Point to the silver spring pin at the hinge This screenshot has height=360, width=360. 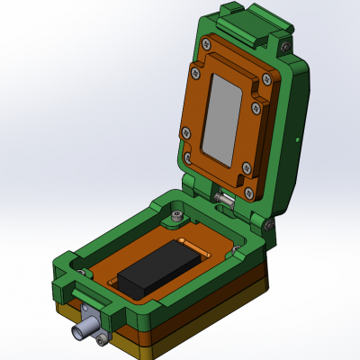[x=226, y=197]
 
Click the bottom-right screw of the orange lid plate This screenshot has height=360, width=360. [x=246, y=166]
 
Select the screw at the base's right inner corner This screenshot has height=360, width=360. [x=236, y=249]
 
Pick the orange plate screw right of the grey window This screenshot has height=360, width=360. [x=267, y=81]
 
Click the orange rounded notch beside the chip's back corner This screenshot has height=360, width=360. [x=189, y=243]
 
